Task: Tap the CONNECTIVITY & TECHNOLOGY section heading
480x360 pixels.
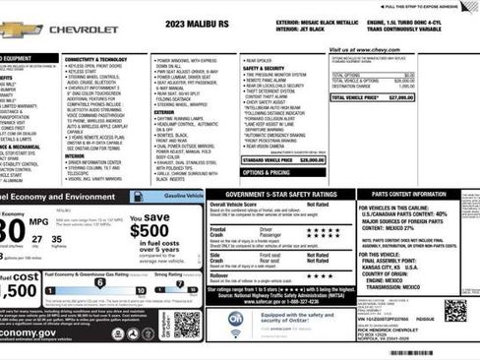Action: [x=95, y=59]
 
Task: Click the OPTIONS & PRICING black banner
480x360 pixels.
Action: [x=266, y=172]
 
